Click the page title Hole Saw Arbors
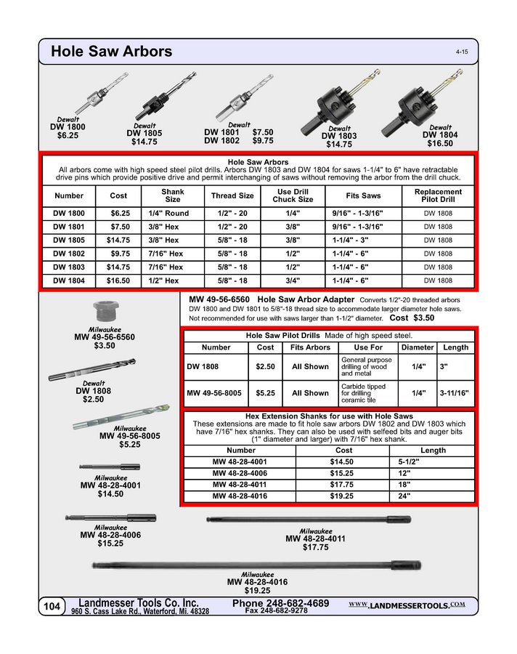pyautogui.click(x=111, y=52)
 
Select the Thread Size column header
pyautogui.click(x=232, y=195)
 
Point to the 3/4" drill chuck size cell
pyautogui.click(x=293, y=280)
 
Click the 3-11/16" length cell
pyautogui.click(x=454, y=393)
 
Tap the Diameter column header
pyautogui.click(x=418, y=347)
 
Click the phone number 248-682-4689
pyautogui.click(x=281, y=603)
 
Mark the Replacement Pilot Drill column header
pyautogui.click(x=438, y=195)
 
